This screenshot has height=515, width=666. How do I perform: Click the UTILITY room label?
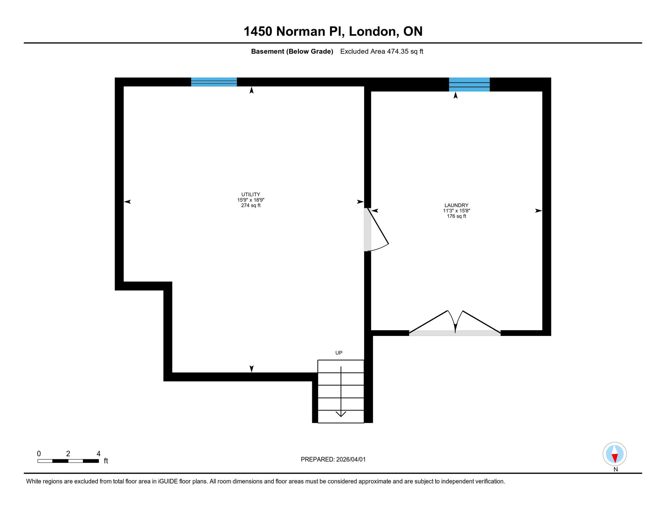251,194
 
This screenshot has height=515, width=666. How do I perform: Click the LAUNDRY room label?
456,205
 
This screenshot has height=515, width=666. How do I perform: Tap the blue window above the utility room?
214,82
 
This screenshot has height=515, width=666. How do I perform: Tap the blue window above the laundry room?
469,84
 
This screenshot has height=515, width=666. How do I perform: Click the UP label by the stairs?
339,353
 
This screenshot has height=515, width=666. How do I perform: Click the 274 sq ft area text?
251,206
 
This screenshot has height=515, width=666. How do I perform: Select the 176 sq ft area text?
456,216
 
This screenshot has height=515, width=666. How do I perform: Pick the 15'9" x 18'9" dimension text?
251,200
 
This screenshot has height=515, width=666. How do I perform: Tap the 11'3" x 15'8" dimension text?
456,211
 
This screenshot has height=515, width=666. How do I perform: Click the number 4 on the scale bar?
98,454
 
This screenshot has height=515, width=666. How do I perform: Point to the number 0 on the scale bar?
39,454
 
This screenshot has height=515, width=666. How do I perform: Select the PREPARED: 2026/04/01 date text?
333,459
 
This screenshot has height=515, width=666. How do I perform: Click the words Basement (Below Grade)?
292,51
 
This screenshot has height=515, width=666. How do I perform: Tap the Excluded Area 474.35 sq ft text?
382,51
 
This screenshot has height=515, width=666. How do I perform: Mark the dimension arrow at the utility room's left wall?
128,202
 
